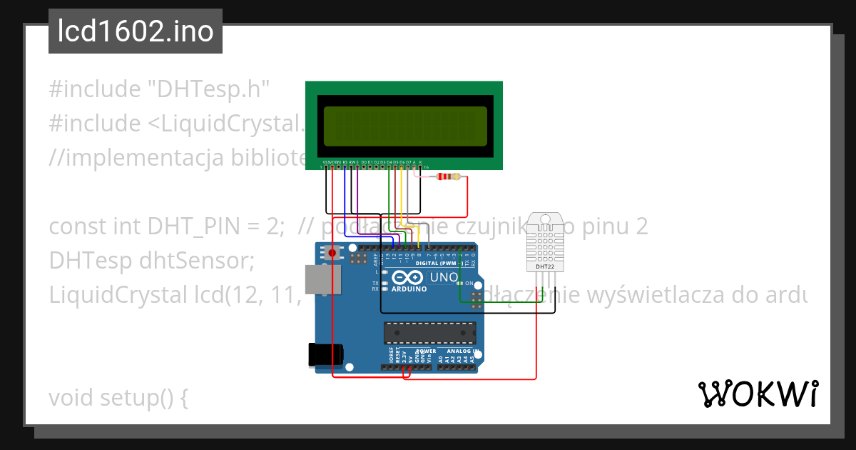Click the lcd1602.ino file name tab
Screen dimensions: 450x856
click(136, 31)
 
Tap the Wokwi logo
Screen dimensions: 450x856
click(758, 394)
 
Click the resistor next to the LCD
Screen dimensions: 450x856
click(448, 177)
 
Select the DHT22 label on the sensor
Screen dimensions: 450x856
click(546, 267)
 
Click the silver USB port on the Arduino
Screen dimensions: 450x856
click(318, 279)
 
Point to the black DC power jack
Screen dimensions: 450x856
click(325, 355)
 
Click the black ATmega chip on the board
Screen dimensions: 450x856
click(429, 332)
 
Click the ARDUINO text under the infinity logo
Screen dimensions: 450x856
click(409, 289)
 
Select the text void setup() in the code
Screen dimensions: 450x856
click(118, 397)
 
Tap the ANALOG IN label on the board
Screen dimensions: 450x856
click(462, 351)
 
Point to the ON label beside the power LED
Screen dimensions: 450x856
click(469, 283)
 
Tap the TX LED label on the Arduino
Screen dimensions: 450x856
click(375, 283)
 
